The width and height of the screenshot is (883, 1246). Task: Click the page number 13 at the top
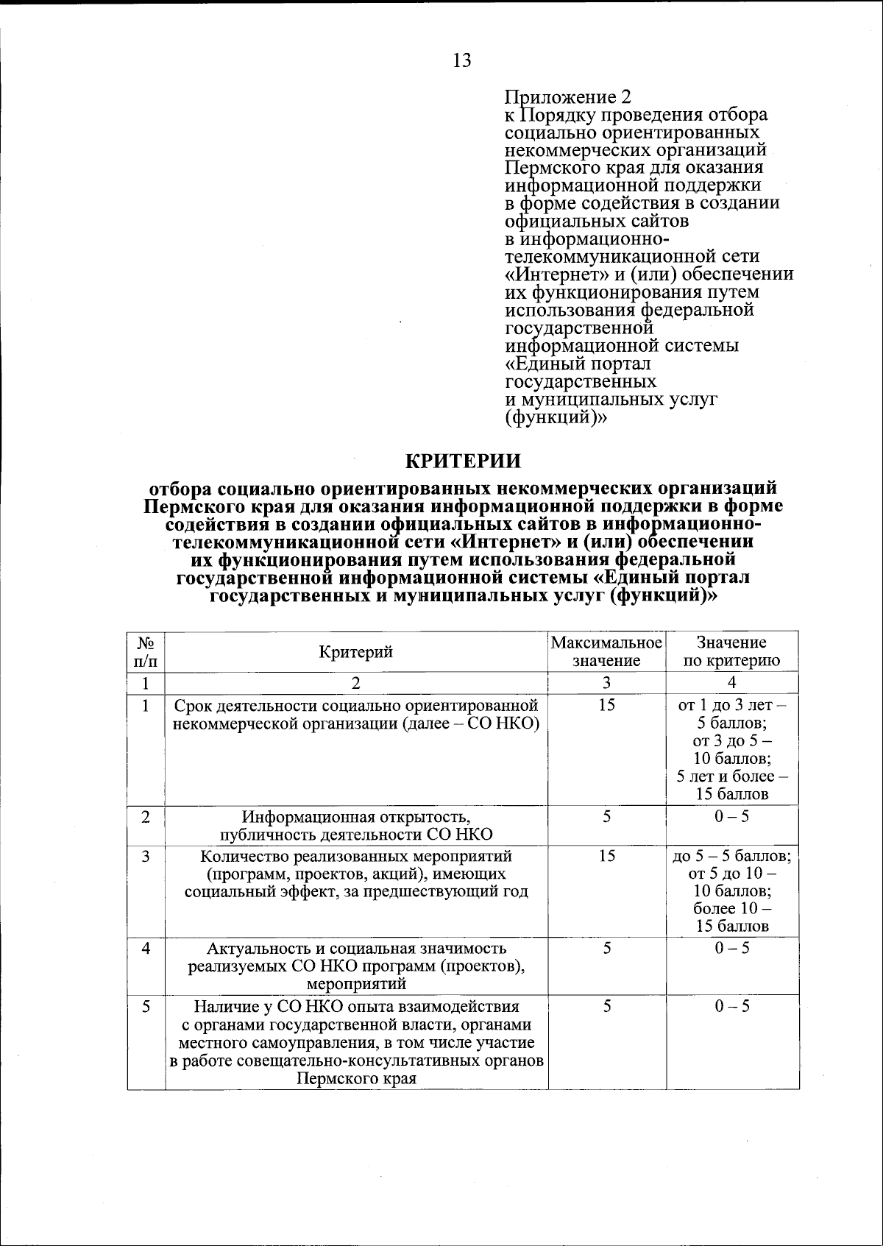[x=462, y=60]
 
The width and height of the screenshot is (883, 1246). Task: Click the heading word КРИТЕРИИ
[x=464, y=461]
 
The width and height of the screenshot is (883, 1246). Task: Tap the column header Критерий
[x=355, y=651]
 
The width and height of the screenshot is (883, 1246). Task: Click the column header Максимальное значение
[x=606, y=651]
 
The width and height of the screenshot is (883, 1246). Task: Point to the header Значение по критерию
[x=731, y=651]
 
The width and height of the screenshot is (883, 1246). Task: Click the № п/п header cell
[x=146, y=651]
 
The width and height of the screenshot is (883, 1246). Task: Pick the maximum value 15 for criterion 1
[x=606, y=705]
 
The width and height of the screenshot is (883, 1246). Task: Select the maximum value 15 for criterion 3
[x=606, y=856]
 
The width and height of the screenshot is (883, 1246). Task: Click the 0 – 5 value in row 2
[x=731, y=816]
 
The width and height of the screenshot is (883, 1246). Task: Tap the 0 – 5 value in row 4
[x=731, y=948]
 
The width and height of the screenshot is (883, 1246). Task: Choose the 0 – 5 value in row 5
[x=731, y=1006]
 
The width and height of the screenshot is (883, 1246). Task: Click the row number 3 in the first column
[x=146, y=856]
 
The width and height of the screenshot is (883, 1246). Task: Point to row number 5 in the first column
[x=146, y=1006]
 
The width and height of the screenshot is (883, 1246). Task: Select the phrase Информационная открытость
[x=355, y=816]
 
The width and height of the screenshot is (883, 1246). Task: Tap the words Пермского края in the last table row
[x=356, y=1080]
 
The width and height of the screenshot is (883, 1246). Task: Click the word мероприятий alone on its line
[x=355, y=984]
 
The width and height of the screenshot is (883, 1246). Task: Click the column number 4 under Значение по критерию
[x=731, y=682]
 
